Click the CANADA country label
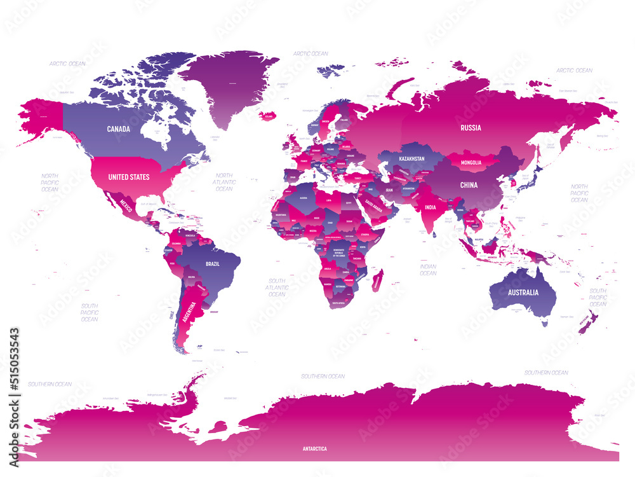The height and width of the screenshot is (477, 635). click(x=119, y=129)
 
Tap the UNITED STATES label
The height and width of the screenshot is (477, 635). click(x=129, y=177)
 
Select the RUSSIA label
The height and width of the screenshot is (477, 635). click(x=471, y=127)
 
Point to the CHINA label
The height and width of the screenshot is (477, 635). click(x=469, y=185)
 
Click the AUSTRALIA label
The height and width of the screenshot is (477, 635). click(x=523, y=293)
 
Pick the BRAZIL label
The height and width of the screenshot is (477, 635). click(x=212, y=263)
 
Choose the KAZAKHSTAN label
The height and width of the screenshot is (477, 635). click(x=411, y=158)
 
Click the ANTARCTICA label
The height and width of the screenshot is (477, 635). click(x=314, y=448)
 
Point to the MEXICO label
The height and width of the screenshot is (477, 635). click(x=128, y=205)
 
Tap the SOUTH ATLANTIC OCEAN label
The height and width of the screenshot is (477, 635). click(x=277, y=287)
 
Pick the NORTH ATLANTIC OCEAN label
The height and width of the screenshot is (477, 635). click(x=224, y=182)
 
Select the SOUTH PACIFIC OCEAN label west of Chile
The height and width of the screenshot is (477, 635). click(x=90, y=312)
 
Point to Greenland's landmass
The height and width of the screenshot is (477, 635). click(x=232, y=83)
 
